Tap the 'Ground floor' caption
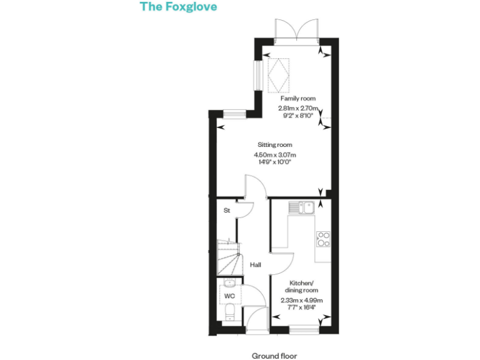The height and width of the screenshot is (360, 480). (x=274, y=356)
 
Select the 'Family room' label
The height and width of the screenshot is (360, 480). (x=297, y=98)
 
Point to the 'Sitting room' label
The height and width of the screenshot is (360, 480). (x=274, y=145)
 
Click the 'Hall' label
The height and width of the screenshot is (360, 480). (x=256, y=265)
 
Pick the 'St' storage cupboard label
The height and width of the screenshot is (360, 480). (x=227, y=211)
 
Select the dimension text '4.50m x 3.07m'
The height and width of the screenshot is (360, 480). (x=274, y=154)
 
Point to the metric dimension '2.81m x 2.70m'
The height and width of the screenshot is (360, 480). (x=298, y=107)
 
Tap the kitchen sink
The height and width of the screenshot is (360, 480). (x=301, y=207)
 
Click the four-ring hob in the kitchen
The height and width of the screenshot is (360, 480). (x=324, y=239)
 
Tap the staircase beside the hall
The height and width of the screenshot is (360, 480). (x=230, y=256)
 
